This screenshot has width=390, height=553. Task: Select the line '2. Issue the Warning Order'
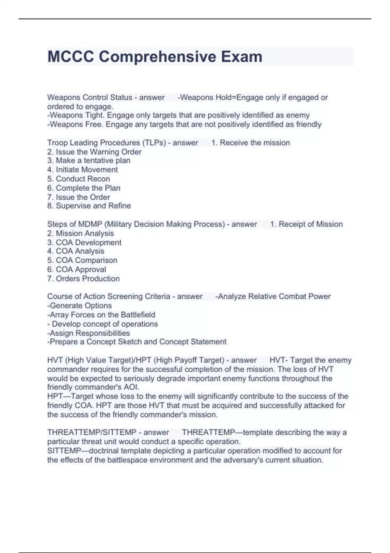[94, 152]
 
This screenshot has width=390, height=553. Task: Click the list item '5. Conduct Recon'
[78, 179]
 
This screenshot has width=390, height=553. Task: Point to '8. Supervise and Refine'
[89, 206]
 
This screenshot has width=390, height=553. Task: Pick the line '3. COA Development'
[84, 243]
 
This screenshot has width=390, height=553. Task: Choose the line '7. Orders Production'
[84, 279]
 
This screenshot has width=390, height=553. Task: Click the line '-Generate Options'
[80, 306]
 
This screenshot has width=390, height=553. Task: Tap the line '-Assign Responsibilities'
[89, 333]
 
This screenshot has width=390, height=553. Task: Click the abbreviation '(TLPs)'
[154, 143]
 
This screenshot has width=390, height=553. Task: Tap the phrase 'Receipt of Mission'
[310, 224]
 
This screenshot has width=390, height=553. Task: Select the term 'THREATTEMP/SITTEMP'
[92, 433]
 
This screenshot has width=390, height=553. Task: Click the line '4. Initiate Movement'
[83, 170]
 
